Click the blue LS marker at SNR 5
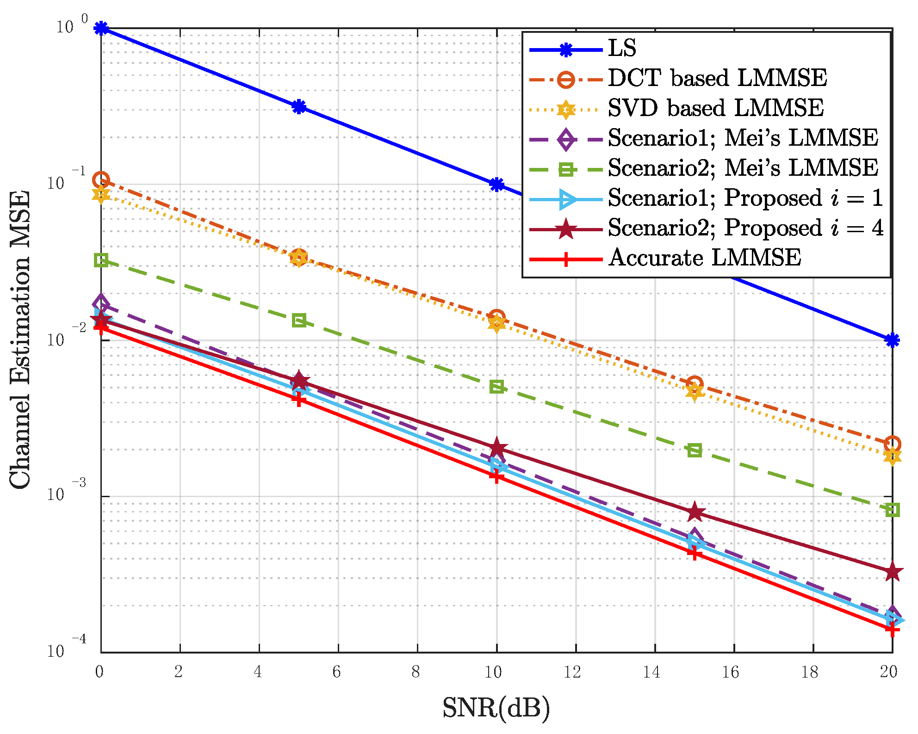coord(299,107)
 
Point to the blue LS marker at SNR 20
coord(892,340)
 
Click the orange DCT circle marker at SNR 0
coord(101,179)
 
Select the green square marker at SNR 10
coord(497,387)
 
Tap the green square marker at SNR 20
coord(892,510)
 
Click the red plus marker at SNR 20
coord(892,629)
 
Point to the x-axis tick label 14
coord(651,672)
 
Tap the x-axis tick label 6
coord(337,672)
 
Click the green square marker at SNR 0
coord(101,260)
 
